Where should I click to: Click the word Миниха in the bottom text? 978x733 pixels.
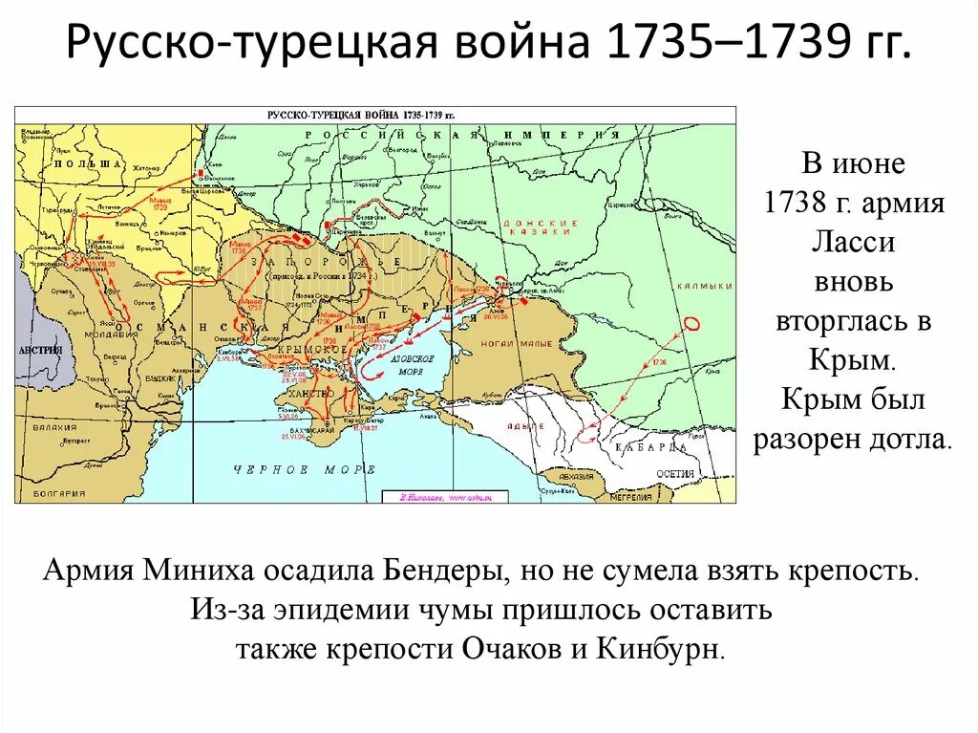point(200,571)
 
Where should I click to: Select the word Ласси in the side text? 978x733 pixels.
point(853,243)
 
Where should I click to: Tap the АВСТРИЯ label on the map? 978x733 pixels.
point(37,350)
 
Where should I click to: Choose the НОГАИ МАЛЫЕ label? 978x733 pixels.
point(517,344)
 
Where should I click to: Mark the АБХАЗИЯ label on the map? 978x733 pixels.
point(577,475)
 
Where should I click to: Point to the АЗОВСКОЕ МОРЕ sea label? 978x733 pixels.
point(413,364)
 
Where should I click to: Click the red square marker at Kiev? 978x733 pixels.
point(202,175)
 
